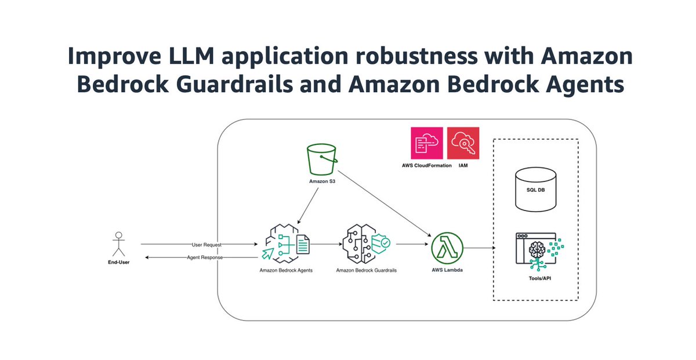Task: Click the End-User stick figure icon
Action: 119,244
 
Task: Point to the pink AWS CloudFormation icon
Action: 426,143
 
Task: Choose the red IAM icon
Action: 463,143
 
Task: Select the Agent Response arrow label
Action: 204,257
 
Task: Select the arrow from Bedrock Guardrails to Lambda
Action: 411,245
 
